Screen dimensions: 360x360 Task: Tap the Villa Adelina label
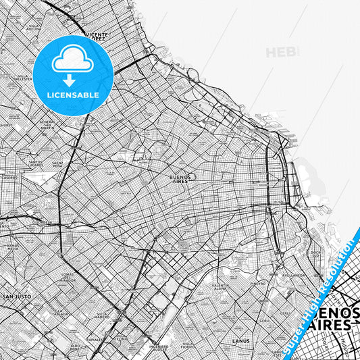pyautogui.click(x=34, y=28)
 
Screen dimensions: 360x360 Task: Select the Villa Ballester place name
pyautogui.click(x=24, y=78)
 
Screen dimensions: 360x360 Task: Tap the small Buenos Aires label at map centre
pyautogui.click(x=179, y=176)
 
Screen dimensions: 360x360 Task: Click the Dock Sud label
pyautogui.click(x=315, y=254)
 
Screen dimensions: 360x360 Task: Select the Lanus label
pyautogui.click(x=240, y=341)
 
